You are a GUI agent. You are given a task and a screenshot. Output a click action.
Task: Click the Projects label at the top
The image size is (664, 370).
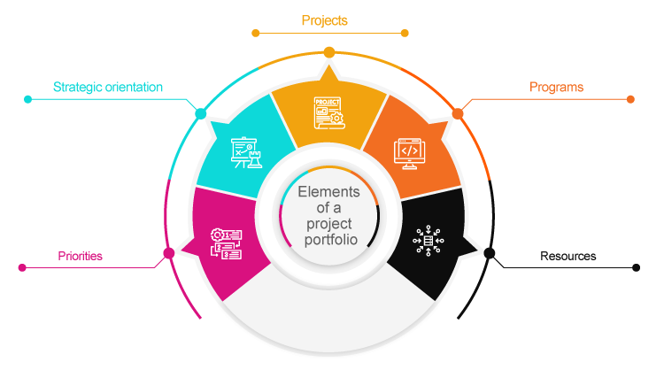pyautogui.click(x=324, y=19)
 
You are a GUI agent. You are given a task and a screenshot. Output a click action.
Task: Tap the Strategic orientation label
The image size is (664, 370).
pyautogui.click(x=108, y=88)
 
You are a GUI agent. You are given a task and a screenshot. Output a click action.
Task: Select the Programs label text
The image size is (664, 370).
pyautogui.click(x=556, y=88)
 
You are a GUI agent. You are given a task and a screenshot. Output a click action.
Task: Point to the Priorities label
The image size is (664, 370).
pyautogui.click(x=80, y=256)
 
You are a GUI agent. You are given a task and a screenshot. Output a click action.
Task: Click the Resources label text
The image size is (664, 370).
pyautogui.click(x=567, y=257)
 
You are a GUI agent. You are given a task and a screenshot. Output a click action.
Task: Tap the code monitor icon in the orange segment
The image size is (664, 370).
pyautogui.click(x=408, y=151)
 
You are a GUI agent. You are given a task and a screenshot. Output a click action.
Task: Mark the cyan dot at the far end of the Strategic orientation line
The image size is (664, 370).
pyautogui.click(x=28, y=99)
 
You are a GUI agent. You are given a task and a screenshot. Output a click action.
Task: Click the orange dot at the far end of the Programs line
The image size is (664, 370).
pyautogui.click(x=630, y=99)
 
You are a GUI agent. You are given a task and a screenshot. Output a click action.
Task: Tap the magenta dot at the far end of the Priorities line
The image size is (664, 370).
pyautogui.click(x=22, y=266)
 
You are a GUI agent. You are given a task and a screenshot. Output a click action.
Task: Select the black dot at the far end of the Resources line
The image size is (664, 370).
pyautogui.click(x=636, y=266)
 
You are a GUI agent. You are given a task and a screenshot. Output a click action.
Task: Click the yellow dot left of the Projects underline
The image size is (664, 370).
pyautogui.click(x=256, y=34)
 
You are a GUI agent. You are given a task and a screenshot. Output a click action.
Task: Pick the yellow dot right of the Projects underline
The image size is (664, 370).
pyautogui.click(x=405, y=34)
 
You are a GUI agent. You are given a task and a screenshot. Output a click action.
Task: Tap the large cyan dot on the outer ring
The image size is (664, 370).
pyautogui.click(x=200, y=113)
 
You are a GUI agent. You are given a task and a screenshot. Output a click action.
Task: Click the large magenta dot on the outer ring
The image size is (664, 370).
pyautogui.click(x=168, y=254)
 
